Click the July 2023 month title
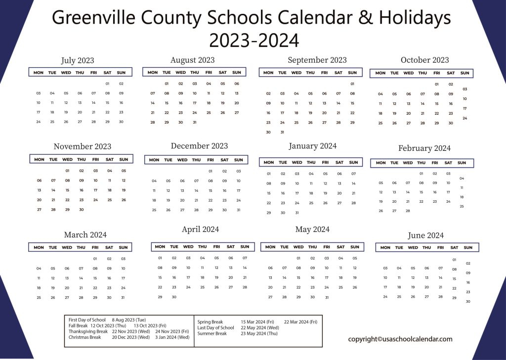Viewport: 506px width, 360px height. click(x=78, y=60)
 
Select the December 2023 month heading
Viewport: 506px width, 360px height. click(x=199, y=146)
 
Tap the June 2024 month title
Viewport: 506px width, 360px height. click(x=425, y=235)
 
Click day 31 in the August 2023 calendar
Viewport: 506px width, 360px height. click(x=195, y=122)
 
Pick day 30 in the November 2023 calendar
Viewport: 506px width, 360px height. click(x=82, y=209)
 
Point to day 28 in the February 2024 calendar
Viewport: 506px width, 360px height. click(x=408, y=211)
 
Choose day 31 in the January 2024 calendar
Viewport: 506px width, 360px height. click(x=297, y=213)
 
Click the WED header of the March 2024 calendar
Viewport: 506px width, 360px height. click(x=66, y=247)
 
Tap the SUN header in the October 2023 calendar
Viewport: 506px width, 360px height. click(x=464, y=73)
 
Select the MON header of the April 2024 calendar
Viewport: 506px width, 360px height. click(x=160, y=247)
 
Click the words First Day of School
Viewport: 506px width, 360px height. click(x=86, y=320)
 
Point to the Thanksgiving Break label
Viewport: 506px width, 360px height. click(x=88, y=331)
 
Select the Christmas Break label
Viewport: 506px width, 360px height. click(x=84, y=337)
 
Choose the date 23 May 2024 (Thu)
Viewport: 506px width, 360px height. click(x=260, y=334)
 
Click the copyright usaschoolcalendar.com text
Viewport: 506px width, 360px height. click(x=400, y=339)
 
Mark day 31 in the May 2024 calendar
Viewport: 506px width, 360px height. click(x=327, y=297)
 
